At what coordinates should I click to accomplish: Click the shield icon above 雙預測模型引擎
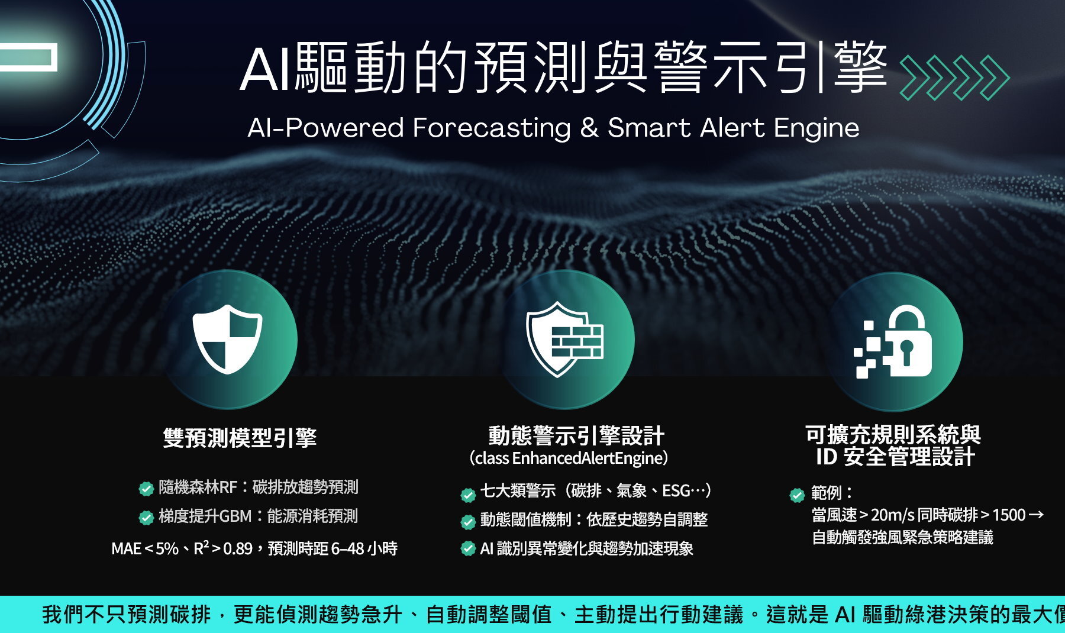(x=227, y=339)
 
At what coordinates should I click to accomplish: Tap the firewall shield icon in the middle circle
(x=564, y=339)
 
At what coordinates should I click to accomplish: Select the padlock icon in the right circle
(x=893, y=341)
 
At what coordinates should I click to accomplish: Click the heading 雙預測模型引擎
(x=240, y=438)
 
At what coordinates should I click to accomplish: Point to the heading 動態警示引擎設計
(x=576, y=436)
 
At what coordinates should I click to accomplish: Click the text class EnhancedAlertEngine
(x=569, y=458)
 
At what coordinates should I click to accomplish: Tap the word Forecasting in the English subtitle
(x=492, y=128)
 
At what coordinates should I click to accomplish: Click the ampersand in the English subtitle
(x=589, y=128)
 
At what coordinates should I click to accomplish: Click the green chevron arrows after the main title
(x=954, y=77)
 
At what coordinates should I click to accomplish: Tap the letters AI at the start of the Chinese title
(x=266, y=70)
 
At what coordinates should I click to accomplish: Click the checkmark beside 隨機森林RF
(x=146, y=489)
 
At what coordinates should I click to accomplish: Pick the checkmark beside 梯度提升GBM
(x=146, y=518)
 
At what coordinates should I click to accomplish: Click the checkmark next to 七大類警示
(x=468, y=494)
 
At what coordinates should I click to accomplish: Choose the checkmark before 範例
(x=798, y=495)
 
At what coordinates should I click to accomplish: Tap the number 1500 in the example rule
(x=1009, y=515)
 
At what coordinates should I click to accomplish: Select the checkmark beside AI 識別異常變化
(x=468, y=548)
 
